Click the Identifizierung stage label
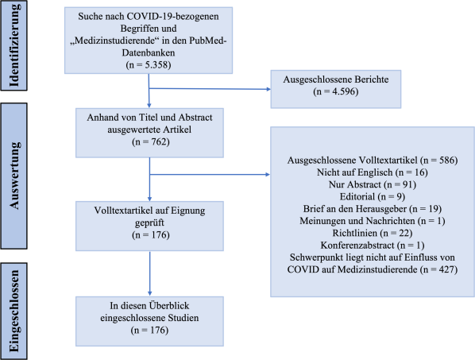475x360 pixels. [x=14, y=45]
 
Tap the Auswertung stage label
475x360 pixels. [x=14, y=176]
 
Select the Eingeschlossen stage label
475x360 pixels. [x=14, y=312]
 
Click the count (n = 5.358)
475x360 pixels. [x=149, y=65]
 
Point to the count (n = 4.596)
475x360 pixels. [x=336, y=91]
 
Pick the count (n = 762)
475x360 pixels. [x=151, y=141]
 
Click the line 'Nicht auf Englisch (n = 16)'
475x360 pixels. [x=373, y=172]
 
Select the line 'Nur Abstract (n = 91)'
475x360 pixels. [x=373, y=184]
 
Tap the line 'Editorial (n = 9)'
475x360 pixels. [x=373, y=196]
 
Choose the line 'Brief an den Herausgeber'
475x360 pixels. [x=355, y=209]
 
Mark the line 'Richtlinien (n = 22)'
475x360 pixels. [x=373, y=233]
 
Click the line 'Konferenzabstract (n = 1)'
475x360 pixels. [x=373, y=245]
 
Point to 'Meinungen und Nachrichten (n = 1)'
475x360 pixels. [x=373, y=221]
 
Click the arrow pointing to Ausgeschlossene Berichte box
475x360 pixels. [x=210, y=89]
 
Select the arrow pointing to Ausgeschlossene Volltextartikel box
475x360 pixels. [x=210, y=175]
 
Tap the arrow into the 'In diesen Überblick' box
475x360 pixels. [x=149, y=273]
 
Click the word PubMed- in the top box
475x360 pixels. [x=208, y=41]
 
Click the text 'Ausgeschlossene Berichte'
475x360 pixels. [x=336, y=79]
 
